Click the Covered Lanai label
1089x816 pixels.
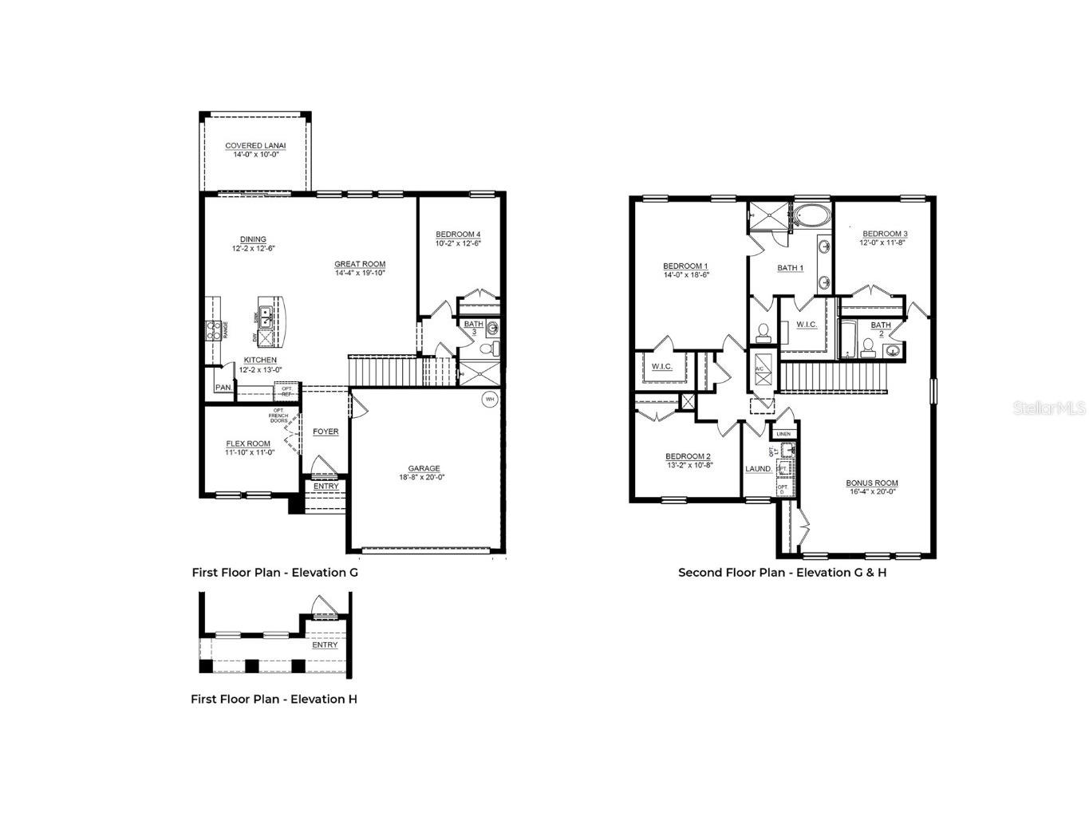pyautogui.click(x=255, y=146)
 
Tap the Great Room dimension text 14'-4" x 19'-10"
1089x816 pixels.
pyautogui.click(x=360, y=274)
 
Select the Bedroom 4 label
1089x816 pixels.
pyautogui.click(x=458, y=235)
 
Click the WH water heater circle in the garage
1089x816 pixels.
pyautogui.click(x=489, y=398)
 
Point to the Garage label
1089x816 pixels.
pyautogui.click(x=424, y=469)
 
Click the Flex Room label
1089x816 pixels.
pyautogui.click(x=248, y=443)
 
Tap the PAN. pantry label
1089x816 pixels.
pyautogui.click(x=223, y=388)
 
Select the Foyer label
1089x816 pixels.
pyautogui.click(x=326, y=432)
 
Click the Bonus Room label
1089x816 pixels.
pyautogui.click(x=872, y=483)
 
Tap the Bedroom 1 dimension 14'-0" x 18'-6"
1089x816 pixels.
pyautogui.click(x=685, y=274)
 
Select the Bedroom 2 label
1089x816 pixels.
pyautogui.click(x=688, y=456)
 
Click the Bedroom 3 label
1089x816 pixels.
pyautogui.click(x=884, y=234)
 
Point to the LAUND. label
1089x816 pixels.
pyautogui.click(x=758, y=469)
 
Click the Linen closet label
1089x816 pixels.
pyautogui.click(x=783, y=434)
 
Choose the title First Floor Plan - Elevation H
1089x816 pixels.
pyautogui.click(x=274, y=699)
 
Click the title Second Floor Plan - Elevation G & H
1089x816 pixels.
pyautogui.click(x=782, y=572)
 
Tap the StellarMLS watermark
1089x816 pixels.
pyautogui.click(x=1048, y=408)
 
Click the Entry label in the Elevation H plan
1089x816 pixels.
pyautogui.click(x=325, y=645)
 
